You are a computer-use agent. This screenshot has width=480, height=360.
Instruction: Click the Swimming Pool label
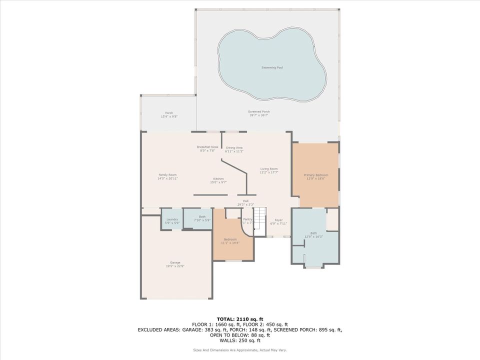pos(272,67)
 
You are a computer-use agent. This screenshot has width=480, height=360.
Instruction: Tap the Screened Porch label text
pos(259,113)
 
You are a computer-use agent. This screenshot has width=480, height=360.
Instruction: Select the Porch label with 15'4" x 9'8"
pos(169,114)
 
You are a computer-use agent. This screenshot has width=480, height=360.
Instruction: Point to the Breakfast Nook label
pos(207,148)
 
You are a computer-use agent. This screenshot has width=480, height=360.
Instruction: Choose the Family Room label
pos(167,176)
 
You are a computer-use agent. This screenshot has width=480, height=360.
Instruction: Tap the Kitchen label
pos(218,180)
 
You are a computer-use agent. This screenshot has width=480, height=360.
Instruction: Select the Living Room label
pos(268,170)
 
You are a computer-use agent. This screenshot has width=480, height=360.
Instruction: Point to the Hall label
pos(245,202)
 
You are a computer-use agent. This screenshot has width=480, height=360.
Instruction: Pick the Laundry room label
pos(172,220)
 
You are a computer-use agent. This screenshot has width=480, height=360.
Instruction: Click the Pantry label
pos(247,220)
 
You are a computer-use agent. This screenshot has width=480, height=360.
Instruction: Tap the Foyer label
pos(278,221)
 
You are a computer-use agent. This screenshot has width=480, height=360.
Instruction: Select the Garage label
pos(175,264)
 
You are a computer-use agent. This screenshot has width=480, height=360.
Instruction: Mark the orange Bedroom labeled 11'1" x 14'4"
pos(230,241)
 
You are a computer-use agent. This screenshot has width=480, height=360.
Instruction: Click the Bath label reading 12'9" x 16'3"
pos(313,234)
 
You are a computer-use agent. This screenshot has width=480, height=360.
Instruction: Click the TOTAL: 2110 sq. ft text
pos(239,318)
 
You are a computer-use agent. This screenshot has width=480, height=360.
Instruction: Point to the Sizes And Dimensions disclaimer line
pos(239,349)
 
